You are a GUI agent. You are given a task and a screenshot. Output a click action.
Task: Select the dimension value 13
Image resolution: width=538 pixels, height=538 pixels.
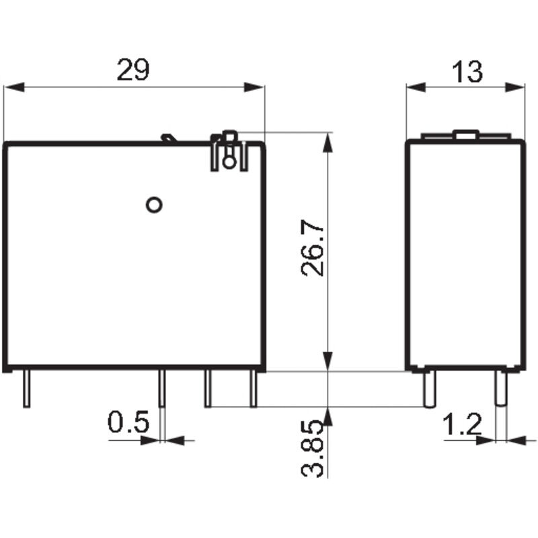467,71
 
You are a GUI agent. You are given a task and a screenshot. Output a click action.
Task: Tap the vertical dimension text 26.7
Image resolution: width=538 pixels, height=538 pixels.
313,250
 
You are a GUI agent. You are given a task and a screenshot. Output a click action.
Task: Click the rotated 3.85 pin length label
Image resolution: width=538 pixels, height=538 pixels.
313,449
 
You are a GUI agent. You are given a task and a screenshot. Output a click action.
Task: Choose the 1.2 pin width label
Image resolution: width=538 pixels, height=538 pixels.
463,424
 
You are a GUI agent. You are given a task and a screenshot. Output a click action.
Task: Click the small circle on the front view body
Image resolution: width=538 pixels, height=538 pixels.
154,204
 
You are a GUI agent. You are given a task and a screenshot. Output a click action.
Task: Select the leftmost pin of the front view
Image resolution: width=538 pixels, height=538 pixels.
26,389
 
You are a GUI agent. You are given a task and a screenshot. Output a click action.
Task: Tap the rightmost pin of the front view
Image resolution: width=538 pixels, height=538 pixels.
254,389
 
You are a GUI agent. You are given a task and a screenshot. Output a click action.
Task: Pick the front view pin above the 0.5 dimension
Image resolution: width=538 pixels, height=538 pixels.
161,389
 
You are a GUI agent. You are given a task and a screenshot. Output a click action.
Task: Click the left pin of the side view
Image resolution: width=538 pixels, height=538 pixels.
427,389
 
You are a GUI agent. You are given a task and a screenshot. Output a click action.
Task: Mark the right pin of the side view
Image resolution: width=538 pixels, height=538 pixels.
500,389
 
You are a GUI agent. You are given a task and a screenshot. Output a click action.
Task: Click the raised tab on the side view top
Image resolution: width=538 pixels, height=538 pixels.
465,134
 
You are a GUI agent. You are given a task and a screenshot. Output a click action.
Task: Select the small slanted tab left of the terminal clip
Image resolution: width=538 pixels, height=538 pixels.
168,139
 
